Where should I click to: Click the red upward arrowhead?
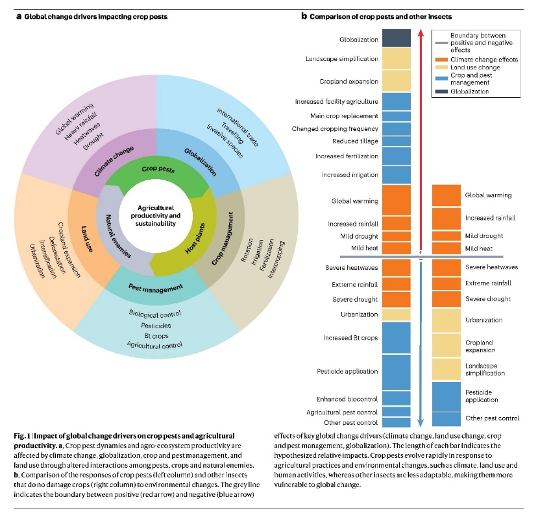coord(421,32)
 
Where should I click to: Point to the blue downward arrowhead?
coord(421,422)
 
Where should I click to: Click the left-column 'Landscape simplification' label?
coord(342,59)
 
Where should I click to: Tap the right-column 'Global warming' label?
coord(488,195)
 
